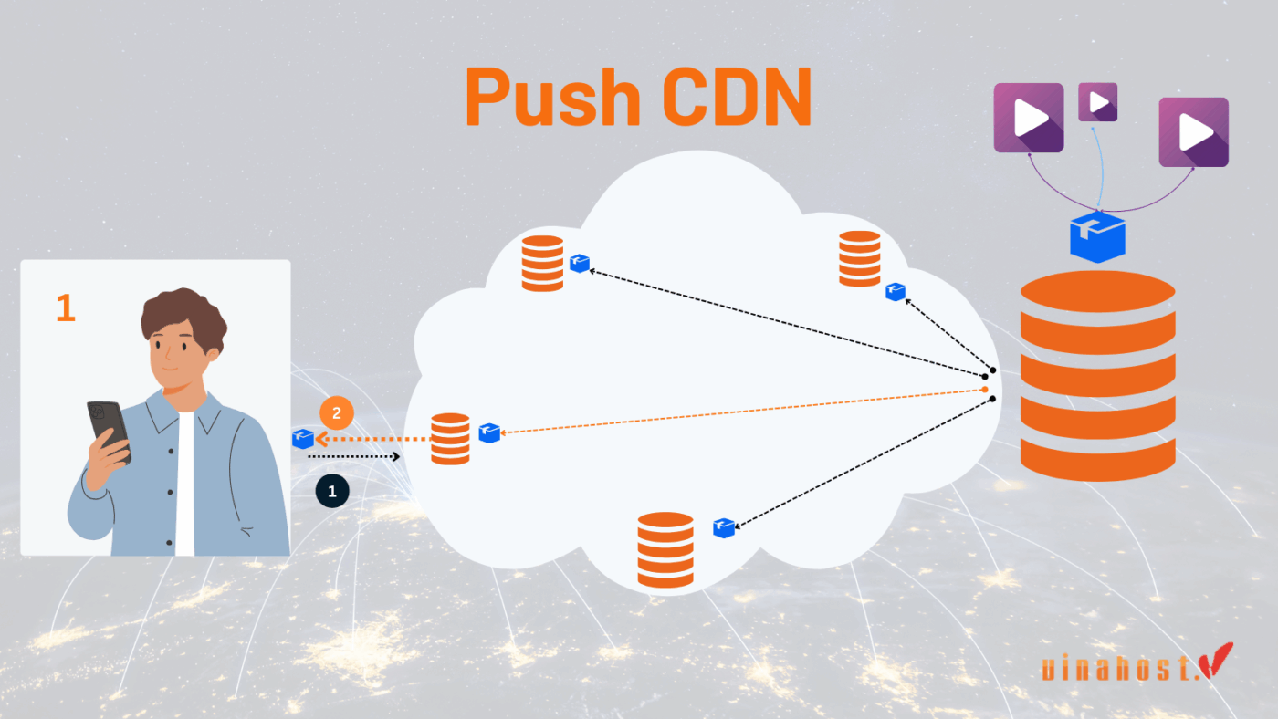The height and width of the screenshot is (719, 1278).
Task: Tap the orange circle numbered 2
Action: [x=336, y=413]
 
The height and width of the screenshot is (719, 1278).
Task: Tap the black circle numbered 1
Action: [x=332, y=491]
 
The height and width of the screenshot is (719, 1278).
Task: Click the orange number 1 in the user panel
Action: [x=65, y=308]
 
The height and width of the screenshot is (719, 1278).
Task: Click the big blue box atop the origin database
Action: [x=1097, y=235]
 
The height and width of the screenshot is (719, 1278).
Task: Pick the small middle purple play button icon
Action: [x=1097, y=102]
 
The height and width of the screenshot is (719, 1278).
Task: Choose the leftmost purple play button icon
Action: [x=1029, y=118]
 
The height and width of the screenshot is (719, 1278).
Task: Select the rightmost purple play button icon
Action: [x=1193, y=132]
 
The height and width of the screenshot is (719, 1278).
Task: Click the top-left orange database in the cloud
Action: [x=542, y=263]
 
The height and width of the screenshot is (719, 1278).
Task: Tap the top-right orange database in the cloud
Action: [x=859, y=258]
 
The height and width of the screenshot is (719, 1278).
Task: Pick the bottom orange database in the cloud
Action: [x=665, y=549]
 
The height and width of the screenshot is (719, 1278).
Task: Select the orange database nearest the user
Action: [x=450, y=439]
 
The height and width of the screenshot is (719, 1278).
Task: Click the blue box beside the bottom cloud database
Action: [x=724, y=527]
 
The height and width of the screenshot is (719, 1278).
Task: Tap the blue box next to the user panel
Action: [x=303, y=439]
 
